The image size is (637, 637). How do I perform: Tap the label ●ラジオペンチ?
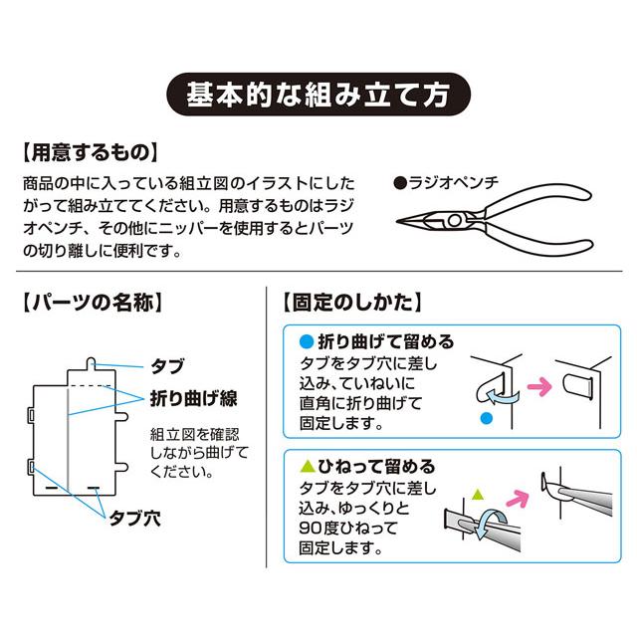pos(451,182)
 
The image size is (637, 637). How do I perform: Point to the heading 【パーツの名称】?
pos(93,303)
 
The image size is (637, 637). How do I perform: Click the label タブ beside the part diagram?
pos(166,365)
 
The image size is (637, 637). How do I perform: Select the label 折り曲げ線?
pos(193,397)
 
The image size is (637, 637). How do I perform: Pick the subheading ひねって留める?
pos(376,466)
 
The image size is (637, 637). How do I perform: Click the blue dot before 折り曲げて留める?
pos(307,341)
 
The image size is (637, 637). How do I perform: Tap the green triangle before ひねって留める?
pos(307,466)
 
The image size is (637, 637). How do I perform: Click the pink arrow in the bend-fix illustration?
pos(538,382)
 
